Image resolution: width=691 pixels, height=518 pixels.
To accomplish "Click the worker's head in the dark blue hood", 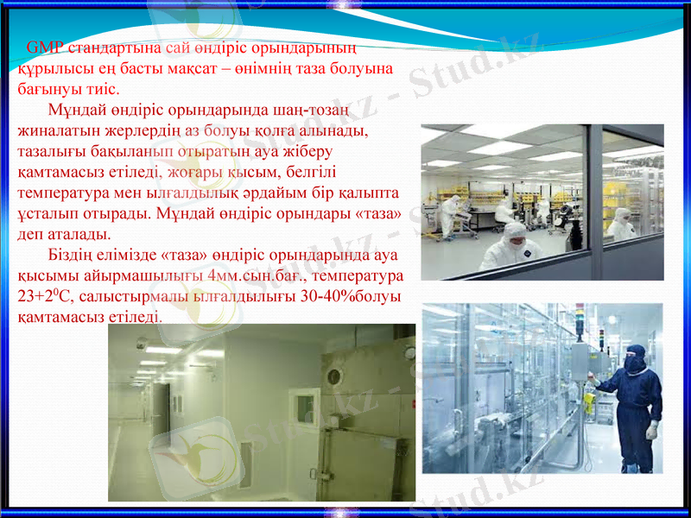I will pos(636,357).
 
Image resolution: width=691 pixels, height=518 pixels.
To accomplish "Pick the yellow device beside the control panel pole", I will pos(587,404).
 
